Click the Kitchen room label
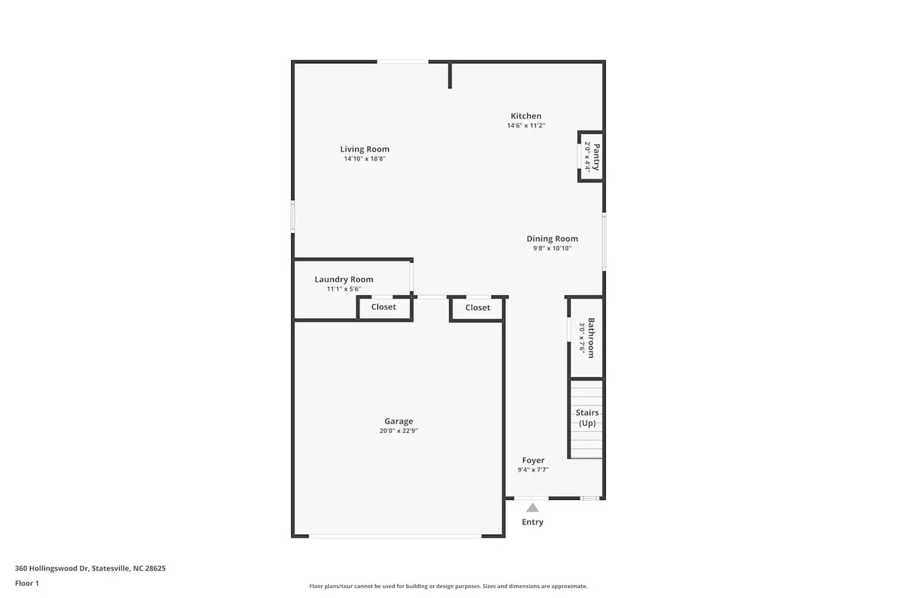(526, 116)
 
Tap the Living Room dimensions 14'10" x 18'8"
(364, 159)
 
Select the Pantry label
(596, 157)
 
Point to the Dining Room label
(552, 239)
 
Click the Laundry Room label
(344, 279)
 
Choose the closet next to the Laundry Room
(383, 307)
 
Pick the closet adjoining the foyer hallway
(477, 307)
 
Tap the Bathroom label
(591, 338)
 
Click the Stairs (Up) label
(587, 417)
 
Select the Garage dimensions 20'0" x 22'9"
(398, 431)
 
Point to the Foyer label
(533, 460)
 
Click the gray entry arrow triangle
(532, 508)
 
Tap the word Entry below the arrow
(532, 522)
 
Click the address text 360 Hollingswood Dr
(90, 568)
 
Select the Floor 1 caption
(27, 583)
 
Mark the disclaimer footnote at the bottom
(448, 586)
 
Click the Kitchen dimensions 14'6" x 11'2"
(526, 126)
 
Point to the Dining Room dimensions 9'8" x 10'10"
(552, 248)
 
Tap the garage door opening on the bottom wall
(395, 536)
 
